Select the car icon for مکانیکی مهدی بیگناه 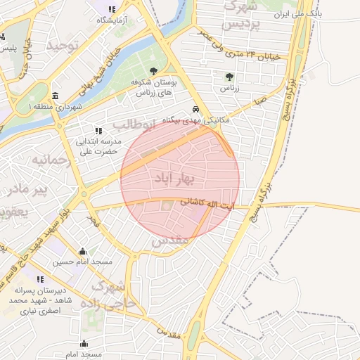(x=195, y=110)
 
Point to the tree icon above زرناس (x=229, y=77)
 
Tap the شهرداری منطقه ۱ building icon (x=56, y=96)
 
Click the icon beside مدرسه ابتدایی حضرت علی (x=98, y=130)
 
